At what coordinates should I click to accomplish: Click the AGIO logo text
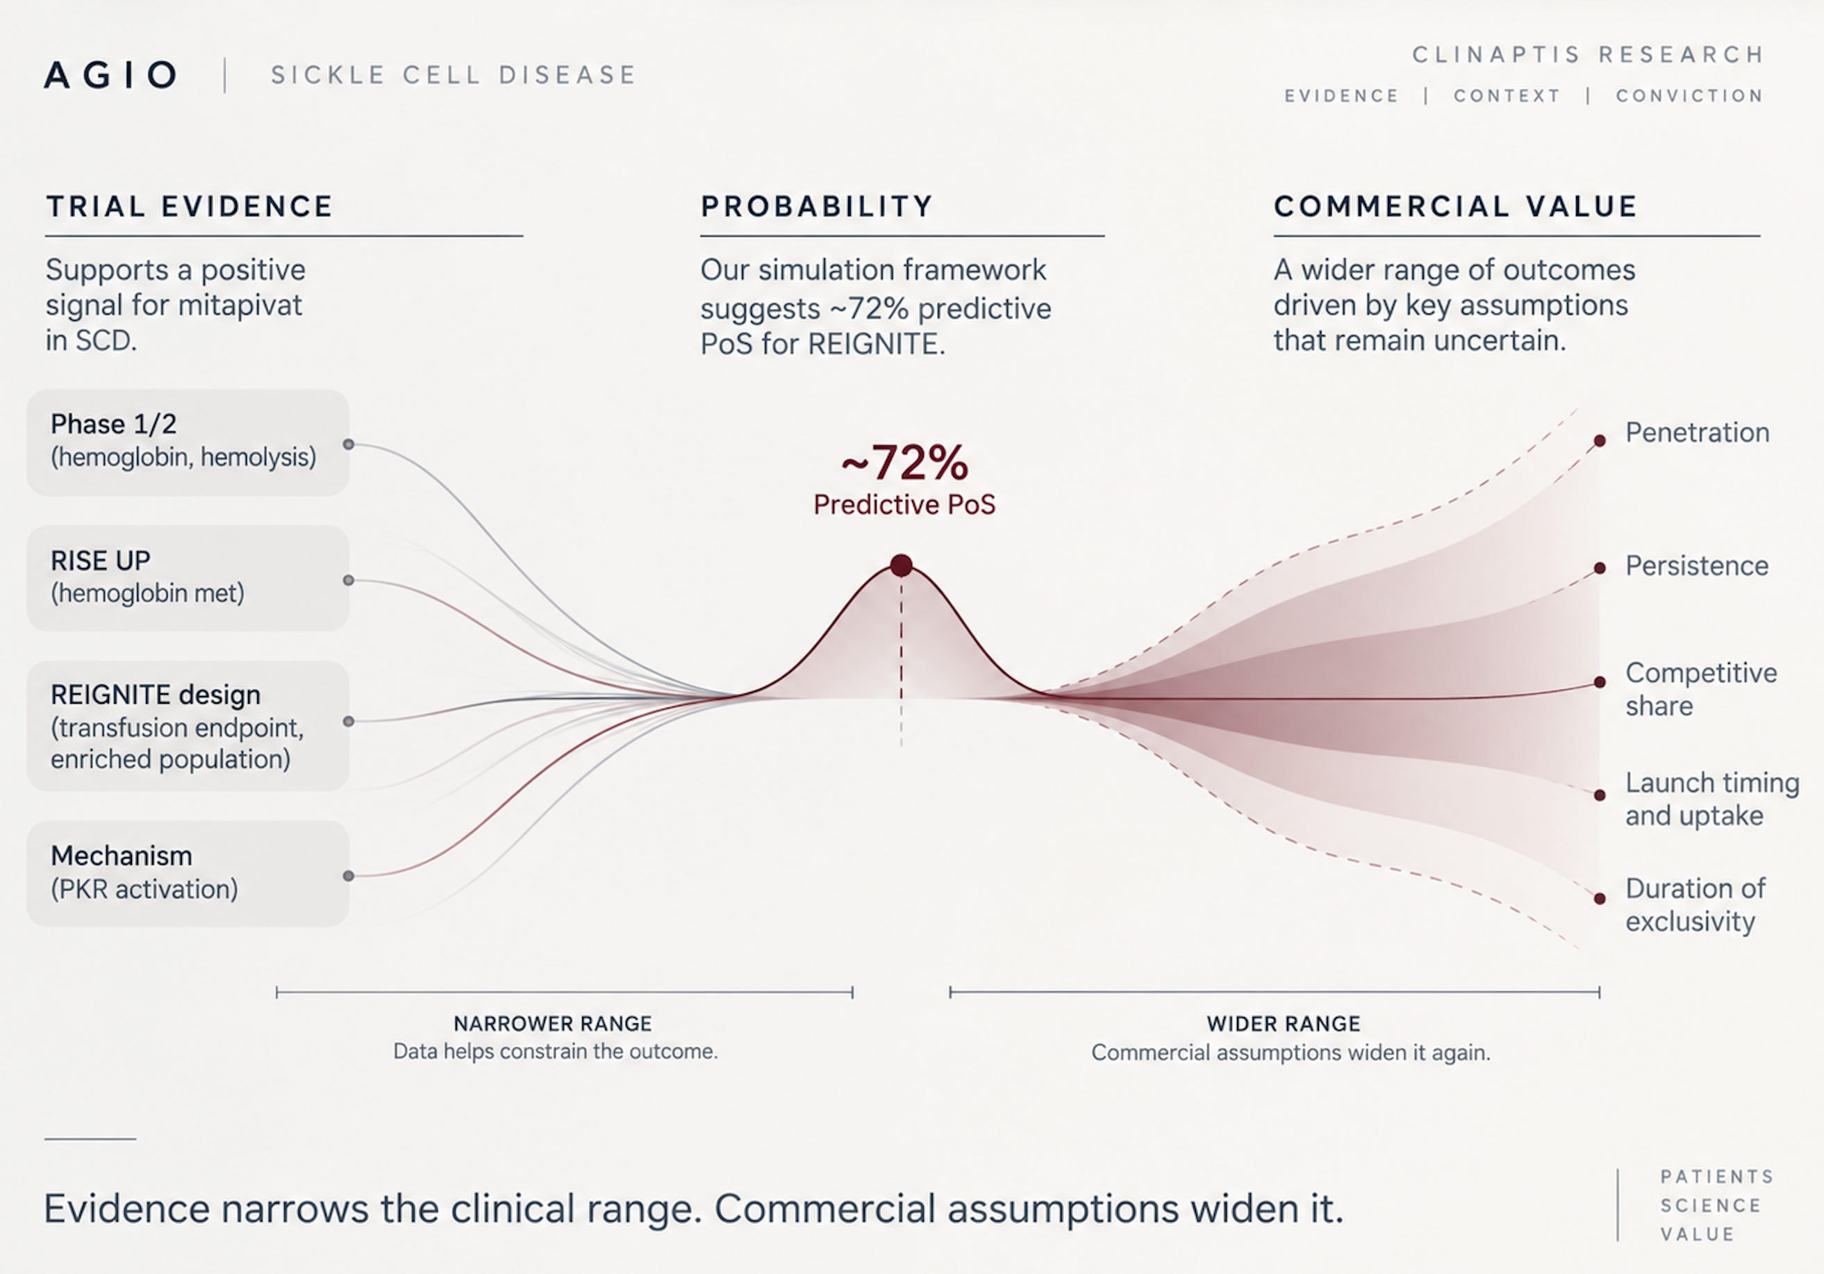(111, 76)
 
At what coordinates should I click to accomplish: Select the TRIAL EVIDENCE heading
(190, 206)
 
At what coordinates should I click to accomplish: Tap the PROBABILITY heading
(817, 206)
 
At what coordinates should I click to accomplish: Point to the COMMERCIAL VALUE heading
(1455, 206)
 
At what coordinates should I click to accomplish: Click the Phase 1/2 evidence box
(188, 442)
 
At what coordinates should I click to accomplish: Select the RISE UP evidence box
(188, 578)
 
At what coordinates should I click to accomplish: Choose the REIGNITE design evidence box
(188, 726)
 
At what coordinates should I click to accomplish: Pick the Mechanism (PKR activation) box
(188, 874)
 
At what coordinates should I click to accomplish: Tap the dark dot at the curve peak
(901, 565)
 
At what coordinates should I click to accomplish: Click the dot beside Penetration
(1600, 441)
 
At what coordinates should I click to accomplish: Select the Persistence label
(1697, 566)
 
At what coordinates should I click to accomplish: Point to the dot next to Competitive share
(1600, 682)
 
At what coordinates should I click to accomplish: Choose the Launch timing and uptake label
(1712, 799)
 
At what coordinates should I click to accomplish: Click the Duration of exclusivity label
(1696, 904)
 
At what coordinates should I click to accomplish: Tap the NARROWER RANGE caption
(553, 1024)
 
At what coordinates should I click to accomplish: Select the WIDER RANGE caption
(1284, 1024)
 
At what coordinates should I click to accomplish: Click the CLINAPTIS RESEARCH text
(1587, 55)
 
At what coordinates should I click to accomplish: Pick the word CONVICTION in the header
(1690, 96)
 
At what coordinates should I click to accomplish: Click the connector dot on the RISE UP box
(349, 581)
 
